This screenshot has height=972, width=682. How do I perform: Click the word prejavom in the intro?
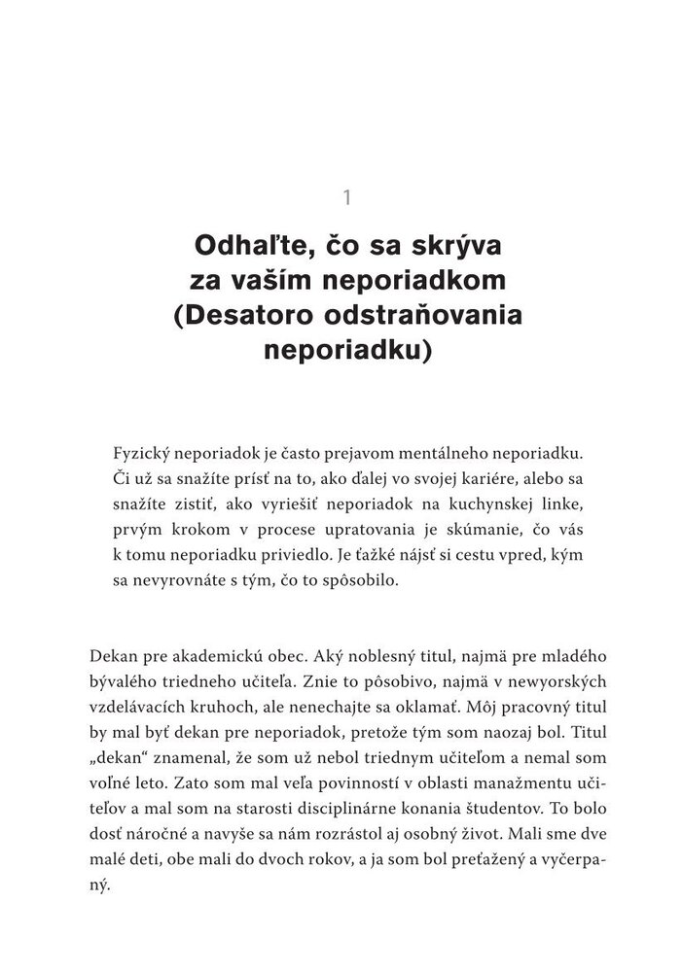(358, 455)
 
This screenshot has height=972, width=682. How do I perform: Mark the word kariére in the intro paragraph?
(466, 480)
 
